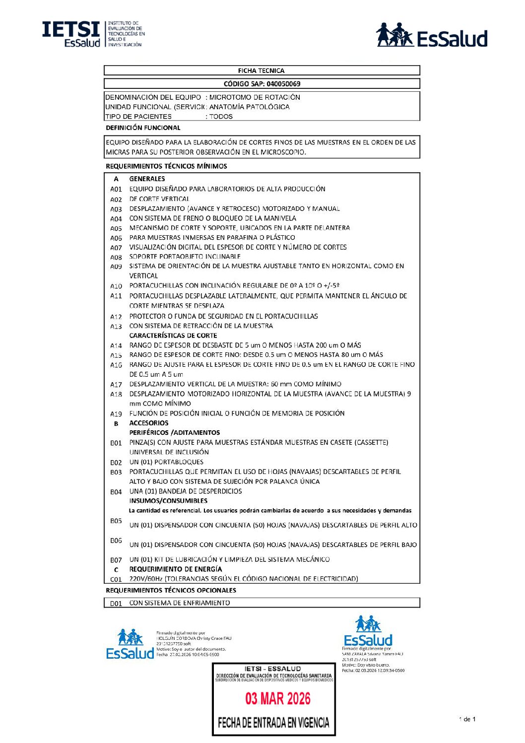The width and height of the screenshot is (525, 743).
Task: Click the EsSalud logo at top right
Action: [x=432, y=35]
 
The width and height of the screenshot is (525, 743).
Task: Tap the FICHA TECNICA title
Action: [x=261, y=70]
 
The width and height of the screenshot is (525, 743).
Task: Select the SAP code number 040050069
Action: [x=283, y=84]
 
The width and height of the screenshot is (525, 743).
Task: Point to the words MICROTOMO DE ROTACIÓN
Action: [x=255, y=97]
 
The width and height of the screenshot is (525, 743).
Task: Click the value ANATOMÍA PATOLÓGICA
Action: [x=249, y=107]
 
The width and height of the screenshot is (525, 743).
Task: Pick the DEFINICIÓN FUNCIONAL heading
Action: [x=143, y=128]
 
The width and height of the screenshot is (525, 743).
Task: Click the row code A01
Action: [x=116, y=189]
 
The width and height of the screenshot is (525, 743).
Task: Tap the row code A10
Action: [x=116, y=286]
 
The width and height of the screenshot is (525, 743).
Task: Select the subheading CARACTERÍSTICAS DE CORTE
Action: [x=173, y=336]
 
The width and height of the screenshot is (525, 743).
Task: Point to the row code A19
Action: [x=116, y=414]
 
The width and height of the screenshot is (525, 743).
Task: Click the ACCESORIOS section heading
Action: [x=149, y=423]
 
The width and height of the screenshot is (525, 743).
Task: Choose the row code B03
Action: [x=116, y=472]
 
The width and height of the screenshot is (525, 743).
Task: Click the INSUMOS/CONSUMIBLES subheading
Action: [x=168, y=501]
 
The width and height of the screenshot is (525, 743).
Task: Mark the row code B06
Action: [x=116, y=540]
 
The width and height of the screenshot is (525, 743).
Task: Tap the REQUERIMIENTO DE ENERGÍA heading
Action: [x=176, y=569]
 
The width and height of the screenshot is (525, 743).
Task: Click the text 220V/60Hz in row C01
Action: [x=146, y=579]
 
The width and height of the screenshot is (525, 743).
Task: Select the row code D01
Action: [x=116, y=604]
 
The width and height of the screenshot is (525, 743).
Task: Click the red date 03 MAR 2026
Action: [x=278, y=699]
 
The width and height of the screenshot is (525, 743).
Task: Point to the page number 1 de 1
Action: [x=467, y=719]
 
